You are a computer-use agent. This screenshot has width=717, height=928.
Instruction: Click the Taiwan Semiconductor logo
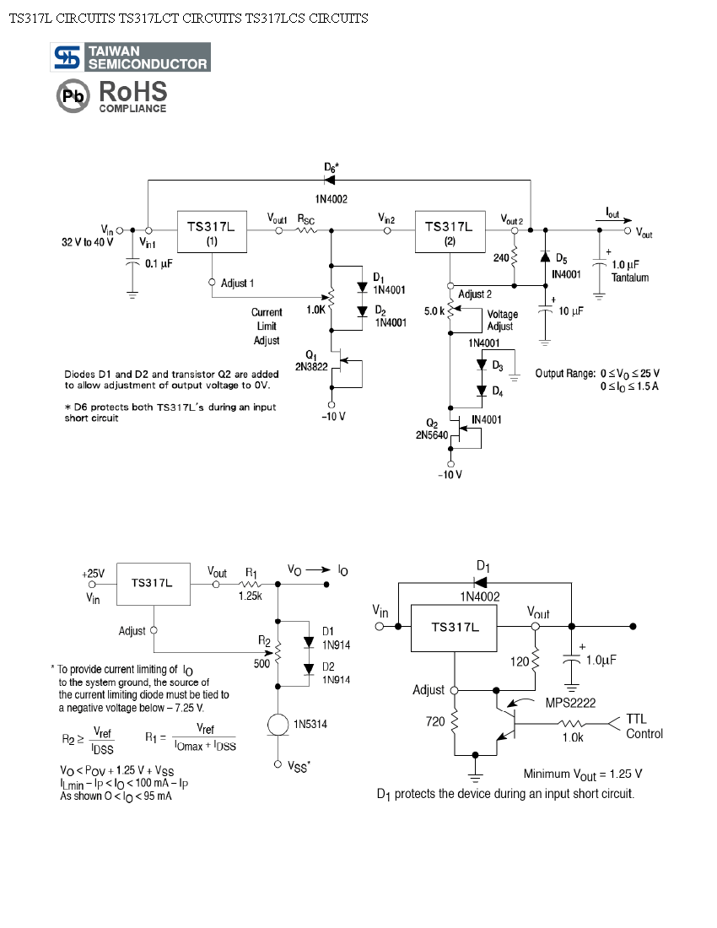pyautogui.click(x=132, y=57)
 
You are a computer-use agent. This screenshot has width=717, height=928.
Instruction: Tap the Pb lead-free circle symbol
pyautogui.click(x=73, y=97)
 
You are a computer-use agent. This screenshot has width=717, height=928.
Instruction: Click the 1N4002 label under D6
pyautogui.click(x=330, y=199)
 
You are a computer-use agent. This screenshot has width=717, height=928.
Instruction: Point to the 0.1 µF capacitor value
pyautogui.click(x=159, y=264)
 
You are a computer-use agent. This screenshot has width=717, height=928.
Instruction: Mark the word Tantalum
pyautogui.click(x=630, y=278)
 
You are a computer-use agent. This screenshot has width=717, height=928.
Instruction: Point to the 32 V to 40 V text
pyautogui.click(x=87, y=242)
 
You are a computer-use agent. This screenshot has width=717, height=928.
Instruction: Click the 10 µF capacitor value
pyautogui.click(x=571, y=311)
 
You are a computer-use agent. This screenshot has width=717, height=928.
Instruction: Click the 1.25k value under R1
pyautogui.click(x=250, y=596)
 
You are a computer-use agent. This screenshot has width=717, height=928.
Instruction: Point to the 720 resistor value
pyautogui.click(x=434, y=722)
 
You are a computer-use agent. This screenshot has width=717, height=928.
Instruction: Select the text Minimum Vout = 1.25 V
pyautogui.click(x=583, y=774)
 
